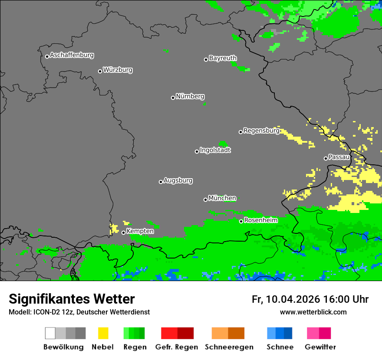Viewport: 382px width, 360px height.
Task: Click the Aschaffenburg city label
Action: (72, 55)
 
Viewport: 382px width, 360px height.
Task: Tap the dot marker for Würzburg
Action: (100, 71)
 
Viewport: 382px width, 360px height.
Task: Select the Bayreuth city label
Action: (223, 58)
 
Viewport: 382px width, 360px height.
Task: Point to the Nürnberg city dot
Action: (173, 98)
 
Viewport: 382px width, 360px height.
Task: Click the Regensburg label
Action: (261, 131)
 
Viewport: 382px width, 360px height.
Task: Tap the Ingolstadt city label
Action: (215, 150)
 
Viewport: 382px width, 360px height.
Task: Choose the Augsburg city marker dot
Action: (161, 182)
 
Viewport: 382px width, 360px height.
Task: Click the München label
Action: (222, 198)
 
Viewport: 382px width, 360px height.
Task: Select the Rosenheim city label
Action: (261, 220)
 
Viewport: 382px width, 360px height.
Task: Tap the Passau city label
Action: (339, 157)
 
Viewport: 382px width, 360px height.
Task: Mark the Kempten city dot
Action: (123, 232)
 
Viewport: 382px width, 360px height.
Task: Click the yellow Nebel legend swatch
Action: (103, 333)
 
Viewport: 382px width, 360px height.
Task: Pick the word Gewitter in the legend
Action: (320, 347)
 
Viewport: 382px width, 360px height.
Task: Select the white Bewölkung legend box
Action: (50, 333)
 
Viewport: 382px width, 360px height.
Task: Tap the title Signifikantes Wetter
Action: (72, 299)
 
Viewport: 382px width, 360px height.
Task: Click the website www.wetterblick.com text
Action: (313, 312)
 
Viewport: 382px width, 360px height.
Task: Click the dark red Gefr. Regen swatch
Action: (185, 333)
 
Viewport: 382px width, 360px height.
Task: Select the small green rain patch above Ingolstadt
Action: (223, 144)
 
